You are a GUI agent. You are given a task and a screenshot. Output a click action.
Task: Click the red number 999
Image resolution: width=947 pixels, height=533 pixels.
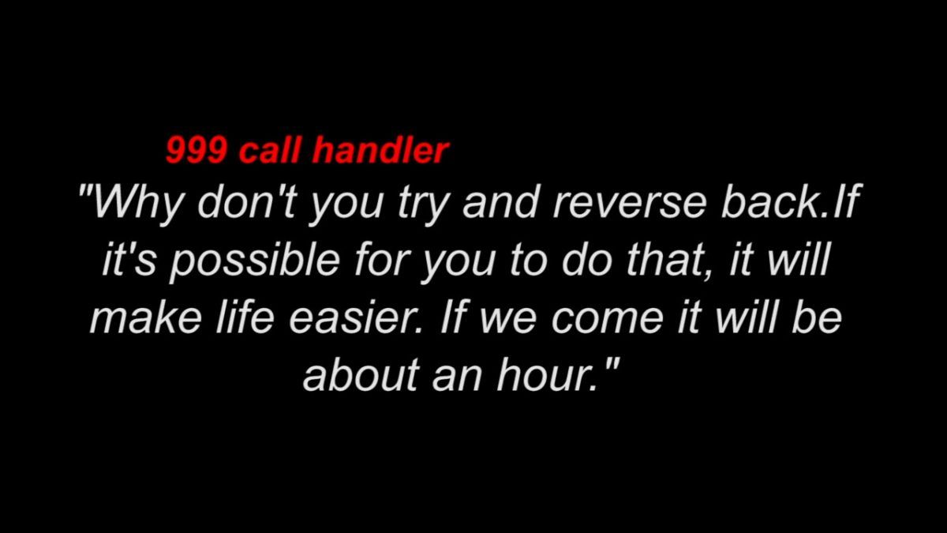(197, 151)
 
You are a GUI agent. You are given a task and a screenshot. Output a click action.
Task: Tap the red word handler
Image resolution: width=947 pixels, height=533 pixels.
(380, 150)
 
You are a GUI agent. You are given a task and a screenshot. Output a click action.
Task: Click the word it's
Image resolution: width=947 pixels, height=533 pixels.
(129, 259)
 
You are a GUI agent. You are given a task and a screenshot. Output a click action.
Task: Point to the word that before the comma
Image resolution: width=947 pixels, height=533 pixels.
(667, 259)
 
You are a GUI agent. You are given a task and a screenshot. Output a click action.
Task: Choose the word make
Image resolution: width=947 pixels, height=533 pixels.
(146, 317)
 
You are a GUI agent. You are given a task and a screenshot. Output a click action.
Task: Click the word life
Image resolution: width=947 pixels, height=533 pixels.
(245, 317)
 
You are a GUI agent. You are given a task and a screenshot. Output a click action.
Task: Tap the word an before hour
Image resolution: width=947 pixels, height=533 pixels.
(457, 377)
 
